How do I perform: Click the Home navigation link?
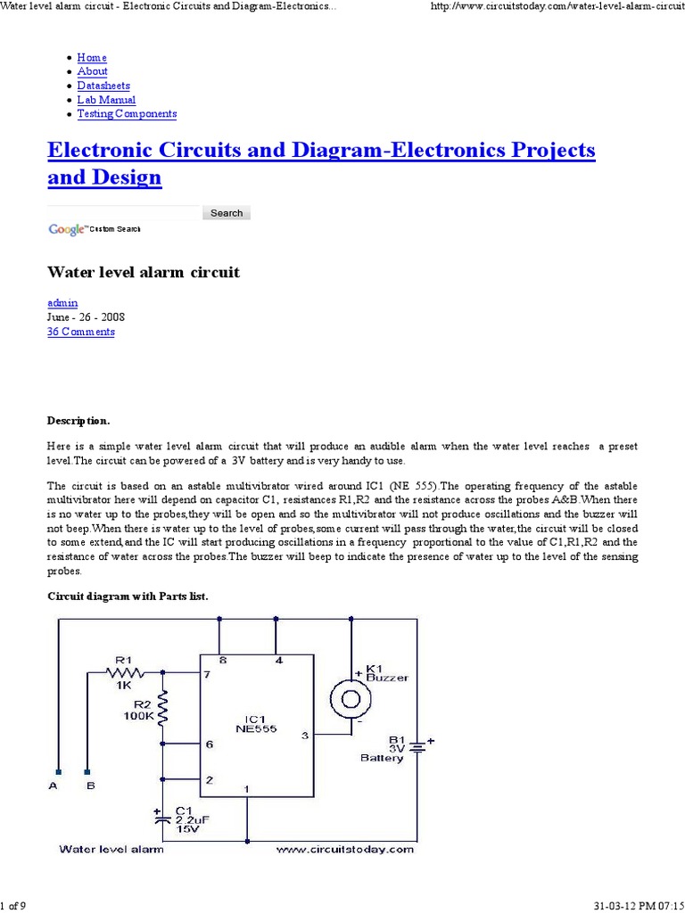92,58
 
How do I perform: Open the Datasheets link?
103,86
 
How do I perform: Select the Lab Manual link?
106,100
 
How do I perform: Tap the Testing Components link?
127,114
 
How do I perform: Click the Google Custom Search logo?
94,230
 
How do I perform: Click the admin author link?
62,303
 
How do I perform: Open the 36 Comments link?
80,332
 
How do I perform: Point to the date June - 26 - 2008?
86,317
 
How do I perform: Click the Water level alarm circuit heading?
143,272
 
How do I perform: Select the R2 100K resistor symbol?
162,704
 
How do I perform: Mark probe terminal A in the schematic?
57,772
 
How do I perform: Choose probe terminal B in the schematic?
87,772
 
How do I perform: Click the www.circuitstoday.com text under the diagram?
344,850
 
